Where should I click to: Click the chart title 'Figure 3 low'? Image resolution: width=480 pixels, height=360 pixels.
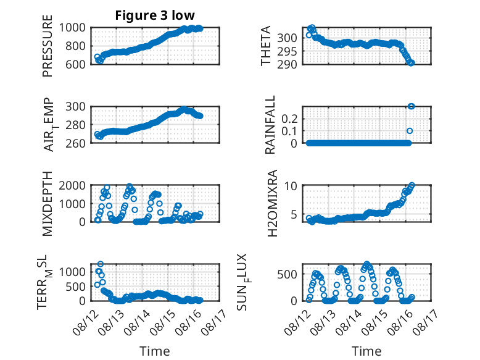point(155,15)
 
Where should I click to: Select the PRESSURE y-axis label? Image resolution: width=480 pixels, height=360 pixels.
point(48,46)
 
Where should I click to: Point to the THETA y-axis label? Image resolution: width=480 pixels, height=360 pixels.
point(266,46)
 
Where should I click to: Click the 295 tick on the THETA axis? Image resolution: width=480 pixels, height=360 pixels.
point(287,51)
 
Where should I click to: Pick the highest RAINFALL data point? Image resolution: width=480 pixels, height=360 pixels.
point(411,106)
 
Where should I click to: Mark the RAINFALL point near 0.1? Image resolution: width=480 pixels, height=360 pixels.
point(410,131)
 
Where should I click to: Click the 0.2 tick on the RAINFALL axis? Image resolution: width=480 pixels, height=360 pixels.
point(289,119)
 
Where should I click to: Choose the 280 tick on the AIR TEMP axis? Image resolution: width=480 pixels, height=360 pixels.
point(75,125)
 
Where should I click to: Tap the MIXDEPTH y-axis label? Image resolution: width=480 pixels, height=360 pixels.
point(48,203)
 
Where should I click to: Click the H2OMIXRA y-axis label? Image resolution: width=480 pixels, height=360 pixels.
point(272,203)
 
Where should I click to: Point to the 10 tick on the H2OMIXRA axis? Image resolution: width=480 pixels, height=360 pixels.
point(290,186)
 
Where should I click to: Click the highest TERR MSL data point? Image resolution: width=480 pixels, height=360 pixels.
point(101,264)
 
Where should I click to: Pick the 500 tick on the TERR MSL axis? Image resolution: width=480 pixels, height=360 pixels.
point(75,287)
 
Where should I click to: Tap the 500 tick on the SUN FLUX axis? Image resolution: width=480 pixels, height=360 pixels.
point(287,274)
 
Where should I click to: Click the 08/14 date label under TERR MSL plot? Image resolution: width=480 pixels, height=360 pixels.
point(137,322)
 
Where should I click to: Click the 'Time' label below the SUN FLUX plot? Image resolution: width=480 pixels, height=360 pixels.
point(366,351)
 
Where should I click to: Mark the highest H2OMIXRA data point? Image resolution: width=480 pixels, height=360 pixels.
point(412,185)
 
